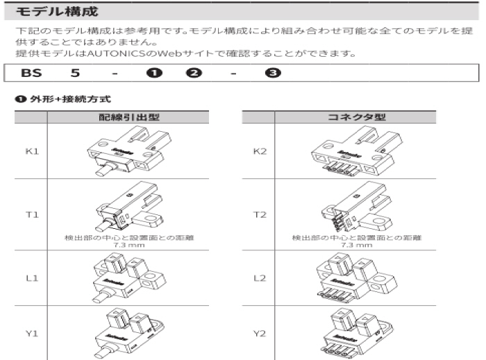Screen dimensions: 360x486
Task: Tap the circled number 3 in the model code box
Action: [x=268, y=73]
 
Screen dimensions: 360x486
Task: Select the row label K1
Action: [x=31, y=151]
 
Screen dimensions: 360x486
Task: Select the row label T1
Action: [x=31, y=215]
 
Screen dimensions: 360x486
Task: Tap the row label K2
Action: [x=259, y=151]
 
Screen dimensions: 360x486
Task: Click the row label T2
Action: [x=259, y=215]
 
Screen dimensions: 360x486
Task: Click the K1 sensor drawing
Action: [x=125, y=152]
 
